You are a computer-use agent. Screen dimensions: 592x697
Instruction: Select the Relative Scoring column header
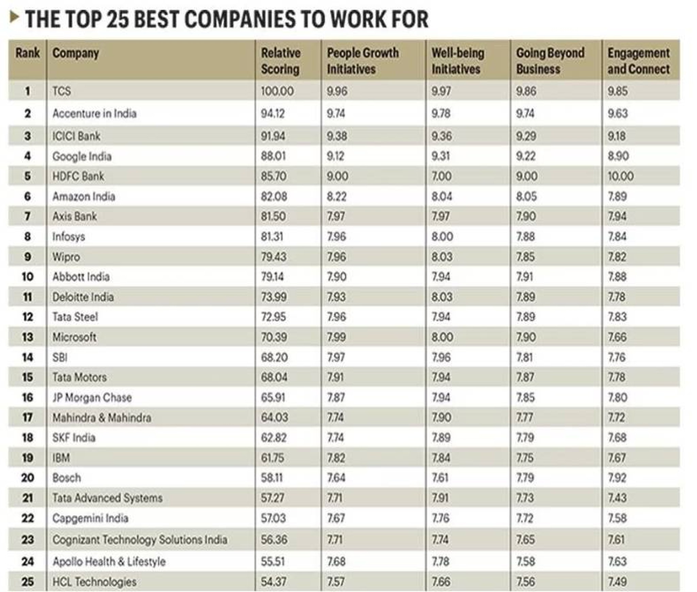280,61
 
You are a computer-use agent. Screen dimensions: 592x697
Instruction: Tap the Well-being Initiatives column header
457,61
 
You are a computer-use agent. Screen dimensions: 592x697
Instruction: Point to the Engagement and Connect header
638,61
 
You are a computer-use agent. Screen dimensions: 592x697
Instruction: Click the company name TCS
62,91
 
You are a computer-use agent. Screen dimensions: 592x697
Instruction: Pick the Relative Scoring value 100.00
277,91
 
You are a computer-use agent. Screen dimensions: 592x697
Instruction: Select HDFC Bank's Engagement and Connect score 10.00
620,176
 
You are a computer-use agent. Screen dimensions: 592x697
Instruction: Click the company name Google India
82,157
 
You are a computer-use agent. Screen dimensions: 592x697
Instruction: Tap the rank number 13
28,337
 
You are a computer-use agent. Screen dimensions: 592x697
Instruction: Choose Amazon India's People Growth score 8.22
337,196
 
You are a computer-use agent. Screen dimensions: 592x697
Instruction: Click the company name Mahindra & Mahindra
102,417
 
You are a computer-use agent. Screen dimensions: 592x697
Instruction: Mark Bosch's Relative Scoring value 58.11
272,478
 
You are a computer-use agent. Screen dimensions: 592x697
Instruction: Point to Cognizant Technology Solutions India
140,540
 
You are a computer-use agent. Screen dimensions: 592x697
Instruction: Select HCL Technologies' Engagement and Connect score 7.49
617,581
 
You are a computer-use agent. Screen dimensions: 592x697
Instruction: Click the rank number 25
28,581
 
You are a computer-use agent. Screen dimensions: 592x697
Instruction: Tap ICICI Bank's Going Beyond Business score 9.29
526,136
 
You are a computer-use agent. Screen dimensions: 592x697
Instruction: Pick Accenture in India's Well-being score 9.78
441,113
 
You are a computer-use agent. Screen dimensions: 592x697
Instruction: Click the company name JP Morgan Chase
92,397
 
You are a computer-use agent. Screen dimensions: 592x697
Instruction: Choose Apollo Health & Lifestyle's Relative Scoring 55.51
273,561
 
